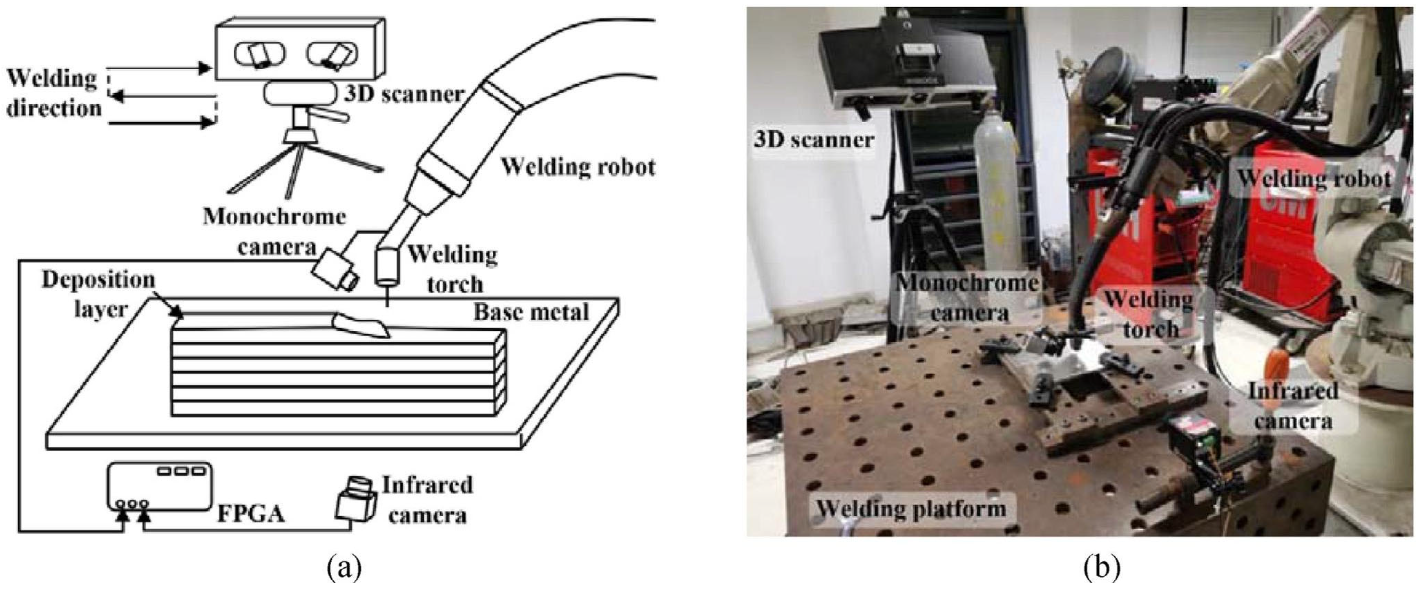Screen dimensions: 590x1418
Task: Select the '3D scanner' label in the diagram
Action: [403, 94]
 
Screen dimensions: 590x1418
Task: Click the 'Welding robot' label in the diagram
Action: [578, 166]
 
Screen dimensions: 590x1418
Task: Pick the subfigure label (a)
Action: [345, 568]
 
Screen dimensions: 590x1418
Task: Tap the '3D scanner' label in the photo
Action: [814, 140]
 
